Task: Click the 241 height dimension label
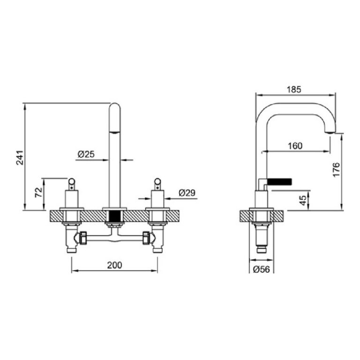(20, 157)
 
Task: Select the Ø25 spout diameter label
(86, 154)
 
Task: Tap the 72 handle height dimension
(39, 192)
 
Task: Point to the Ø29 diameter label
(187, 193)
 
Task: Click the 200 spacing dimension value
(114, 265)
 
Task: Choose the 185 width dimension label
(294, 90)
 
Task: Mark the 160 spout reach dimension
(295, 146)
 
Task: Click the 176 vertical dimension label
(336, 170)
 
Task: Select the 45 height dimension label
(303, 200)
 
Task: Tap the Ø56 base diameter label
(262, 269)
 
